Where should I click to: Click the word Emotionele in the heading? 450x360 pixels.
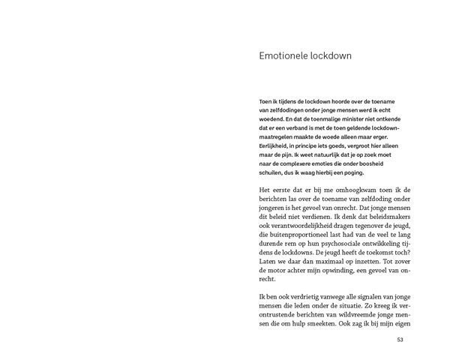[x=283, y=55]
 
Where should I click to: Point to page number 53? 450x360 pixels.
[x=400, y=340]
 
